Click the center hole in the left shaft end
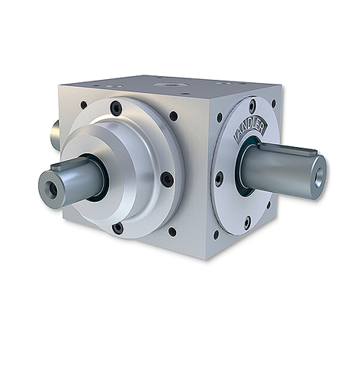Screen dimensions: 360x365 (x=51, y=190)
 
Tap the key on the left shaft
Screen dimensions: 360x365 (x=69, y=164)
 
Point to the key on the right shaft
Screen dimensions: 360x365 (x=287, y=150)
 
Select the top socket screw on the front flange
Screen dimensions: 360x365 (x=116, y=108)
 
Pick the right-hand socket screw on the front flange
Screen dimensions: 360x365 (x=167, y=179)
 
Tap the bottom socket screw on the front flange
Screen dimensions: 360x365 (x=118, y=229)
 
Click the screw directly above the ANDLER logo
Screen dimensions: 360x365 (x=252, y=105)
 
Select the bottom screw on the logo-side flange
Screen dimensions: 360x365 (x=247, y=223)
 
